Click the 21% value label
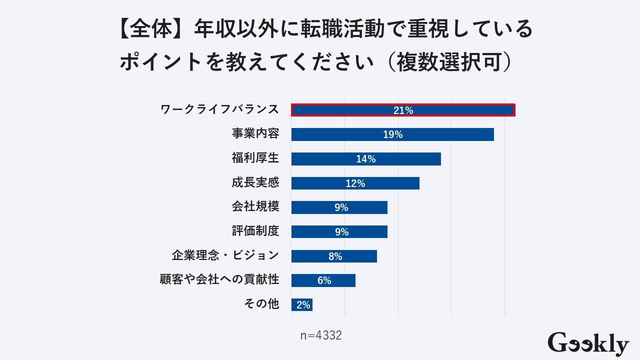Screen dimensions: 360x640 coord(403,110)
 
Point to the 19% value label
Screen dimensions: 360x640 coord(392,134)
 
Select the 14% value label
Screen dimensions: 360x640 coord(365,159)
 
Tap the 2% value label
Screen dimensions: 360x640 coord(303,305)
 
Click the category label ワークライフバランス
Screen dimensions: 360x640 coord(219,110)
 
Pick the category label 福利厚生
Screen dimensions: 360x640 coord(255,158)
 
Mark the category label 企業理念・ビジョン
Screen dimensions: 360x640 coord(225,255)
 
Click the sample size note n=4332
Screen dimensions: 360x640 coord(321,335)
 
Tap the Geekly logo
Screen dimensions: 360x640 coord(588,344)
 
